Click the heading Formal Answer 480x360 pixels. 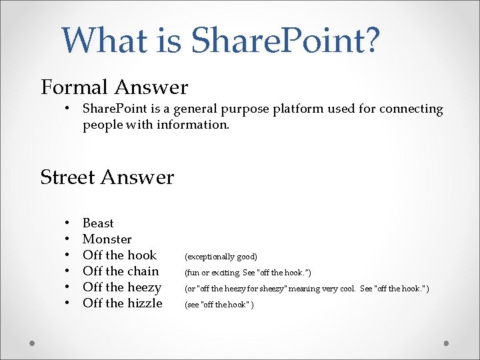114,87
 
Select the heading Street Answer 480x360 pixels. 107,177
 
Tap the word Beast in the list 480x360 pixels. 98,223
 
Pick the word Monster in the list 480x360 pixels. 107,239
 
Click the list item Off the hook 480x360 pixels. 119,255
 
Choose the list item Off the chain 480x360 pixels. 121,271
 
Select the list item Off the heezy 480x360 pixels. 122,287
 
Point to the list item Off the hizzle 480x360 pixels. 123,303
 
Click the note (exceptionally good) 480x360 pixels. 221,257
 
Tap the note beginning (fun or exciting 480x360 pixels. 247,273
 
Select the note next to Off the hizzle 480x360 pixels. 219,305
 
